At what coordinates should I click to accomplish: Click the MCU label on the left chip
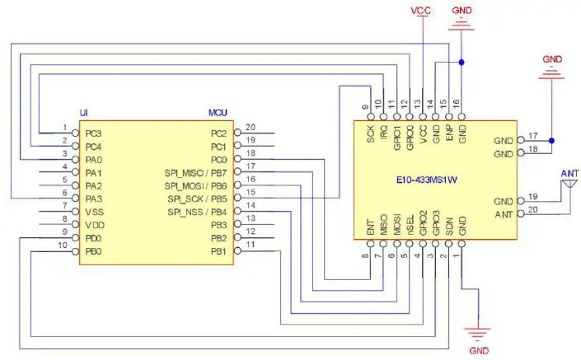click(x=218, y=113)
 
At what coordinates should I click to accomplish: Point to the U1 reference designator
click(x=84, y=113)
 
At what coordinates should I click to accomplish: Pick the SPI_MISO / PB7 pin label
click(x=195, y=172)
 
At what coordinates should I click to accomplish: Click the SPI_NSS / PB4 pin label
click(x=196, y=212)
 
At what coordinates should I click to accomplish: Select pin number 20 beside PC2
click(x=251, y=127)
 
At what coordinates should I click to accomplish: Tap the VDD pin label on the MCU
click(x=95, y=225)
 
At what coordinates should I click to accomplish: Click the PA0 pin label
click(x=94, y=159)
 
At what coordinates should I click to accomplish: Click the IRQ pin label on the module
click(x=383, y=132)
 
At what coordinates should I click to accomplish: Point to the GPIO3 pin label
click(x=436, y=224)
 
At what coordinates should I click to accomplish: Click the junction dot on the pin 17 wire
click(x=551, y=139)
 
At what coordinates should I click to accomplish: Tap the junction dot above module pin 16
click(x=462, y=62)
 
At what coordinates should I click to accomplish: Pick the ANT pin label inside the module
click(x=503, y=215)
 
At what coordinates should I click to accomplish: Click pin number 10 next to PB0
click(x=63, y=246)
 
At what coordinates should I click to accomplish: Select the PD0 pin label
click(x=94, y=238)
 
